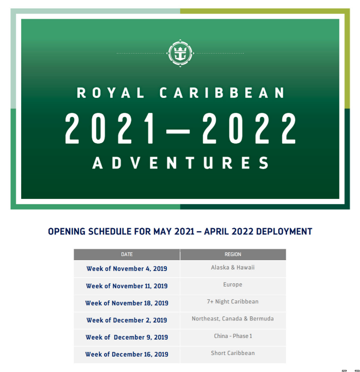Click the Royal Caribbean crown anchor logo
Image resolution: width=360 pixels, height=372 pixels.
(180, 52)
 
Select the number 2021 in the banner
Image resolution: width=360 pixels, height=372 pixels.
(111, 128)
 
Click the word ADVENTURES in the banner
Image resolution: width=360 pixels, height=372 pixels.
(180, 163)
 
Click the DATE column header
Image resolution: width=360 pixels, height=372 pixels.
(127, 255)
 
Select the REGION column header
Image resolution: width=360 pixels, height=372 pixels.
(233, 255)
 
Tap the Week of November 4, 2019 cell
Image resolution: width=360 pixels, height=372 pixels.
(127, 269)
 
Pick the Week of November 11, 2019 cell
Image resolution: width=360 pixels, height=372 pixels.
(127, 286)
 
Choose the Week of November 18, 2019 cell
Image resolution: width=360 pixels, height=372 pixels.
(127, 303)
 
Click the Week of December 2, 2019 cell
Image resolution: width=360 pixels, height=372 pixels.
(127, 320)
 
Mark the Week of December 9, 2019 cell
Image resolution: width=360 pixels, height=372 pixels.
(127, 337)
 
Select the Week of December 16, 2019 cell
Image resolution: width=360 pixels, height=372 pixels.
(127, 354)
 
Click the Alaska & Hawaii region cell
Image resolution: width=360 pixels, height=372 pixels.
(233, 268)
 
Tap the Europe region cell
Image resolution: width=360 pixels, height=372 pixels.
(233, 284)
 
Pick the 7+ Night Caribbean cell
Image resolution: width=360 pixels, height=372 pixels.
(233, 301)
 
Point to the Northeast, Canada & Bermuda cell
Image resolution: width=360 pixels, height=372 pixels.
(233, 318)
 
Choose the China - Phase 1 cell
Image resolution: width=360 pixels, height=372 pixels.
(233, 336)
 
